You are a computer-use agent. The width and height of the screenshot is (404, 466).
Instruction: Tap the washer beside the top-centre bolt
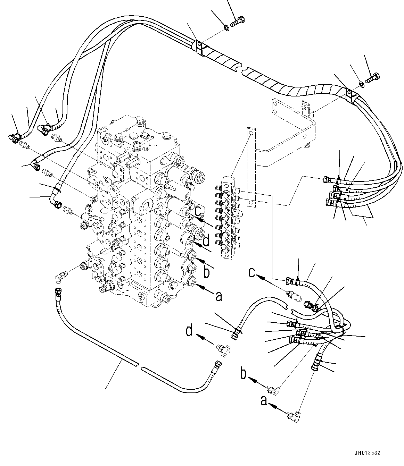point(226,27)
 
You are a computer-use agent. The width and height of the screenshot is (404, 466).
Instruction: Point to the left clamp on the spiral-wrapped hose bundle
point(199,48)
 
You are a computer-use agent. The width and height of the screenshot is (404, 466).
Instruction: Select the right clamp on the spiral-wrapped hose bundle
point(351,96)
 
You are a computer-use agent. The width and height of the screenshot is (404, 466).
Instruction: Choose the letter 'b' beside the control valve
point(206,273)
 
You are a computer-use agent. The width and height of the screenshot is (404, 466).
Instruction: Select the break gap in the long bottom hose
point(140,365)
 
